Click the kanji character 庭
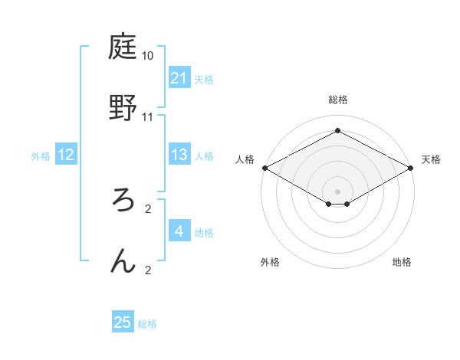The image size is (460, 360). click(x=123, y=49)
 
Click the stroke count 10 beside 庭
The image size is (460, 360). click(x=148, y=57)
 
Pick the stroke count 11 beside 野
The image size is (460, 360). click(x=148, y=116)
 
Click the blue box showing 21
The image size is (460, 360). click(x=179, y=78)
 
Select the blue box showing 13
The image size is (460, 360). click(x=179, y=155)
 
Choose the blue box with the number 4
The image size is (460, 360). click(x=179, y=231)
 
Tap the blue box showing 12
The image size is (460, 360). click(x=66, y=155)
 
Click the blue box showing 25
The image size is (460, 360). click(x=123, y=322)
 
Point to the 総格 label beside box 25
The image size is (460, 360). click(x=147, y=324)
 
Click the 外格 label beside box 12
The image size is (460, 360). click(x=41, y=155)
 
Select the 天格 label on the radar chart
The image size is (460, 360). click(x=431, y=159)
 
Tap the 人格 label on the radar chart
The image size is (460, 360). click(x=245, y=159)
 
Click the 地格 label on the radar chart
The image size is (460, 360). click(x=402, y=262)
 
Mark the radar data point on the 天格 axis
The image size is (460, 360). click(x=412, y=168)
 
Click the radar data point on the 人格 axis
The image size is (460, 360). click(x=264, y=168)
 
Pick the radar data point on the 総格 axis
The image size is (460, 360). click(x=337, y=131)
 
